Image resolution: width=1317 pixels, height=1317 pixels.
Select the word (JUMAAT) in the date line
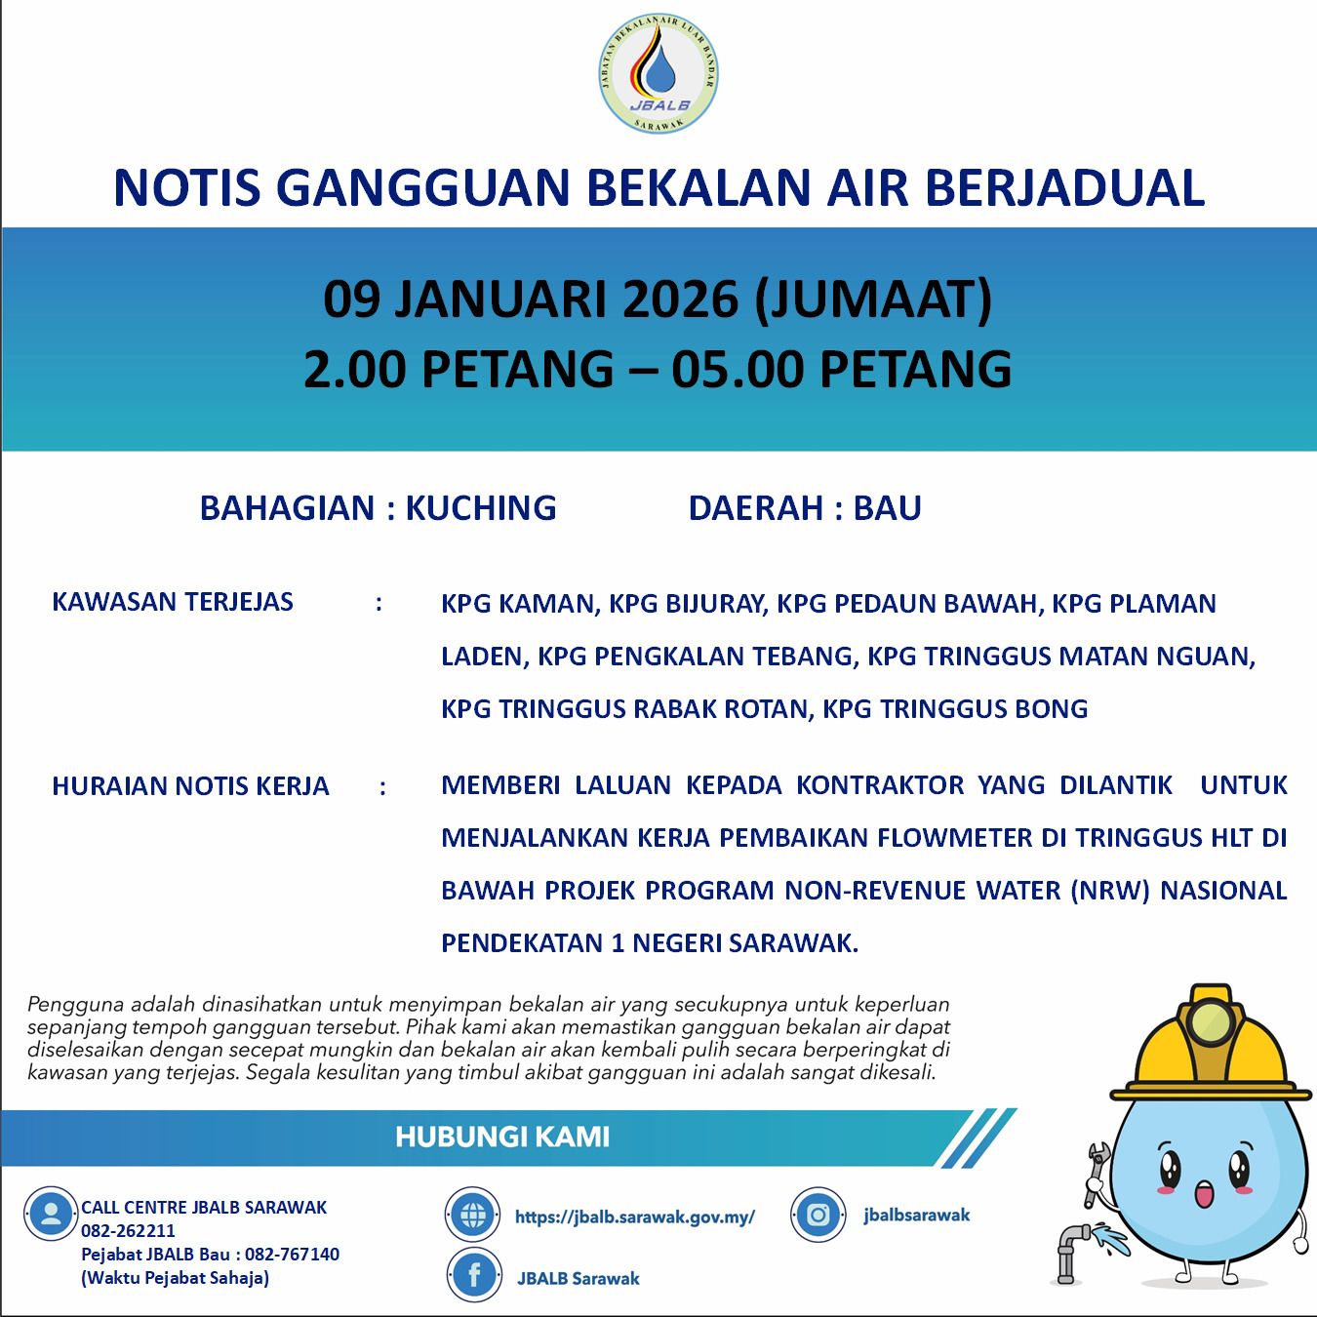[874, 299]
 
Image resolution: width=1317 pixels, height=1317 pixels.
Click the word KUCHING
[480, 508]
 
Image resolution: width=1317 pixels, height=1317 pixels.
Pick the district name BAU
[887, 508]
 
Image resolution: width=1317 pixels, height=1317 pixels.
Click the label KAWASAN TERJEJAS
[173, 602]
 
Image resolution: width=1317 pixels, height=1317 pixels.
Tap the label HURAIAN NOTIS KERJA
[190, 786]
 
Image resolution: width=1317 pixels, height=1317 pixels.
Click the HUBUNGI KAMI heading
[502, 1137]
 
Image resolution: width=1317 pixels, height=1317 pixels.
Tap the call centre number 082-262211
[128, 1231]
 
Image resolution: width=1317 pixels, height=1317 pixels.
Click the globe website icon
[474, 1216]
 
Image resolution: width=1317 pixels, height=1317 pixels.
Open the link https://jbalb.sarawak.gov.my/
[635, 1217]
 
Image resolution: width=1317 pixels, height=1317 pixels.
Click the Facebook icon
[474, 1277]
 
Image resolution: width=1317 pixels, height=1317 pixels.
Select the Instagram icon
[818, 1215]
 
